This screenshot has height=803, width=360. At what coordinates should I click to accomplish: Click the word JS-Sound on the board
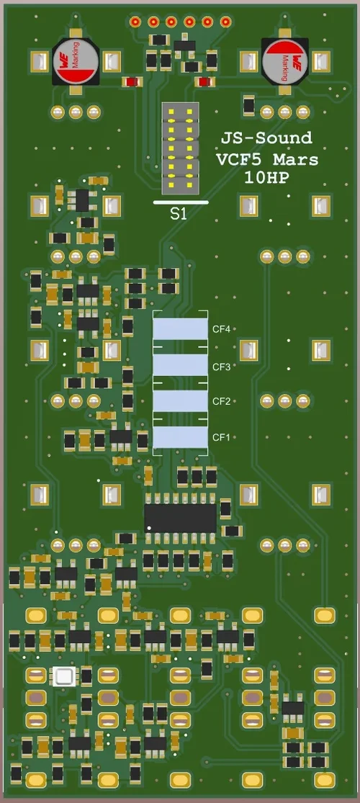(266, 138)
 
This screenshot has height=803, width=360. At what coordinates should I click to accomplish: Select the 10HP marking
(266, 177)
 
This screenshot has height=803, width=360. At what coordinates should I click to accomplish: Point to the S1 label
(179, 214)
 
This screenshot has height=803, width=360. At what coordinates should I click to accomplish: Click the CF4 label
(220, 329)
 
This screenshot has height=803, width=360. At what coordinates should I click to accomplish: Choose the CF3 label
(220, 367)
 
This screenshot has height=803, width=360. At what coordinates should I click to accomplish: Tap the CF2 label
(220, 401)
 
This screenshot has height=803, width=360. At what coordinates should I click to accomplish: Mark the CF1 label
(220, 437)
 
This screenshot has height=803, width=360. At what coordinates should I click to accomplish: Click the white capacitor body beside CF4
(180, 329)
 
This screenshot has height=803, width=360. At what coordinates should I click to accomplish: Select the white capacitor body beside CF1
(180, 437)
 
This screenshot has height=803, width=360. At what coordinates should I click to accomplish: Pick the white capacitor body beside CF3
(180, 366)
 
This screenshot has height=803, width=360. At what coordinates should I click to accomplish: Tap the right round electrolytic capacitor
(284, 60)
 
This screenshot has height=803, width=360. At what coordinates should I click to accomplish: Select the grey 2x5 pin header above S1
(179, 148)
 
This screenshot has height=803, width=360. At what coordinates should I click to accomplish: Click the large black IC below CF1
(180, 517)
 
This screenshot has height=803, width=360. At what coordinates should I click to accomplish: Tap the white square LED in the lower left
(64, 676)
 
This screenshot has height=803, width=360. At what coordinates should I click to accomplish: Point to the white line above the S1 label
(181, 202)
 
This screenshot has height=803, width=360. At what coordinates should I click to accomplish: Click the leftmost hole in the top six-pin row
(135, 22)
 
